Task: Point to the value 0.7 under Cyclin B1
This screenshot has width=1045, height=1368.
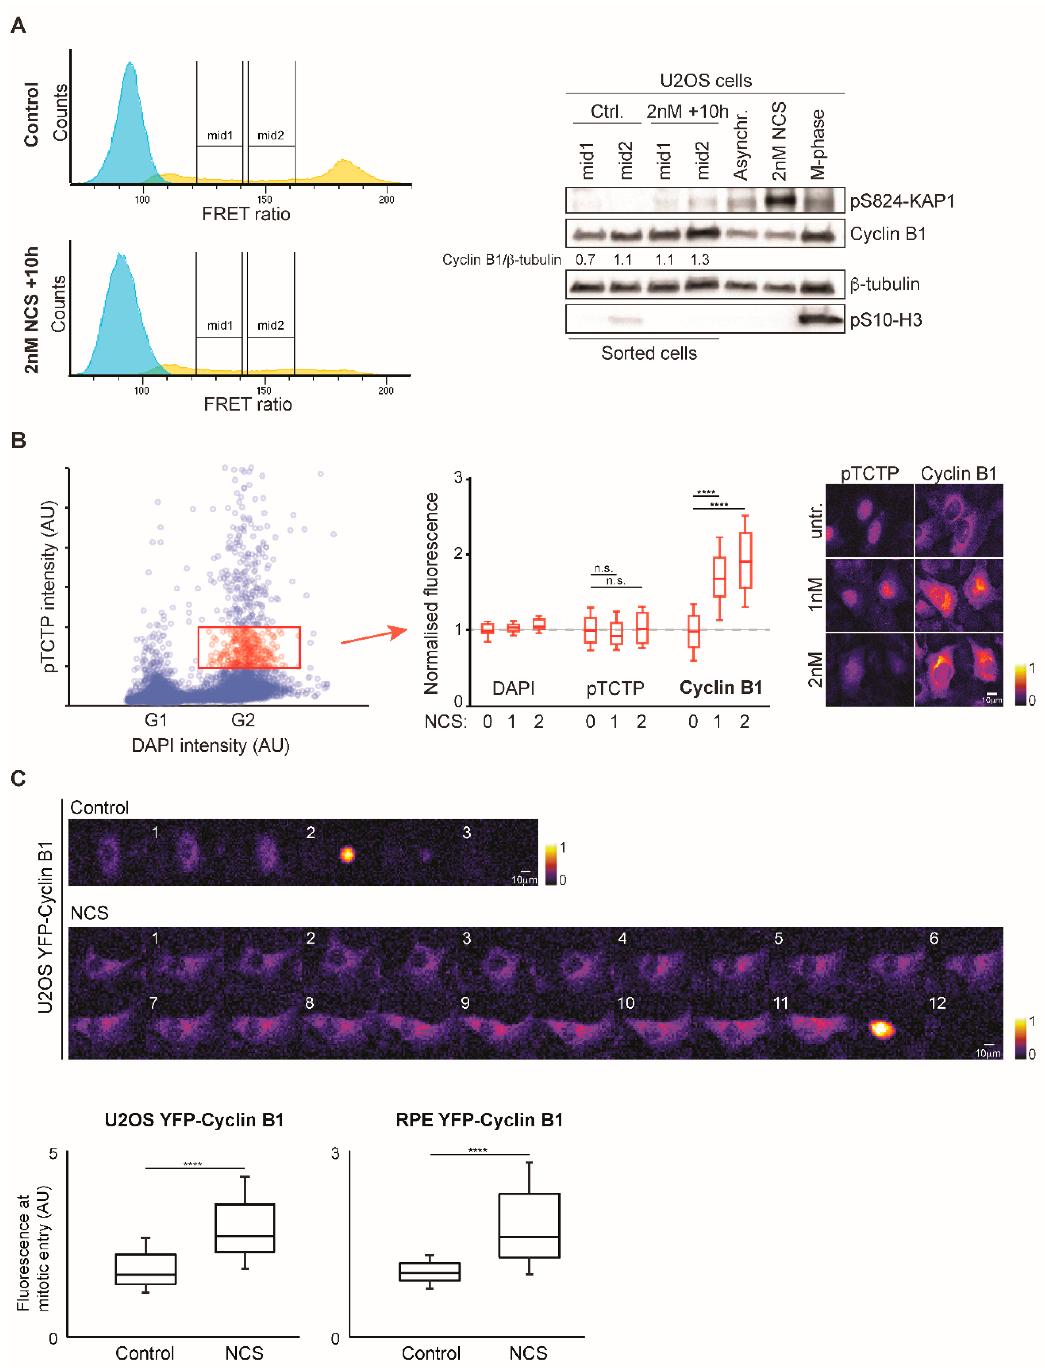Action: click(x=585, y=260)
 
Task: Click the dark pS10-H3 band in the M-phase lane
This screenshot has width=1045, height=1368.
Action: click(x=818, y=319)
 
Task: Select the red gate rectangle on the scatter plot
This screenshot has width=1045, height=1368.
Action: click(x=249, y=647)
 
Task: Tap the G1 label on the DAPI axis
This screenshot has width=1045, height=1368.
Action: click(x=155, y=720)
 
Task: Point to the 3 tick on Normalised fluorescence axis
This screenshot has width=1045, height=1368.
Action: click(x=459, y=478)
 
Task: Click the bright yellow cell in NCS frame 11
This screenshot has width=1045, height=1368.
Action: click(x=881, y=1029)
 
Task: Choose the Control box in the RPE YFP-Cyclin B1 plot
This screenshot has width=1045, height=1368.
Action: click(x=429, y=1272)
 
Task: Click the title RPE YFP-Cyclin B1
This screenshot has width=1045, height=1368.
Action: click(x=479, y=1120)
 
